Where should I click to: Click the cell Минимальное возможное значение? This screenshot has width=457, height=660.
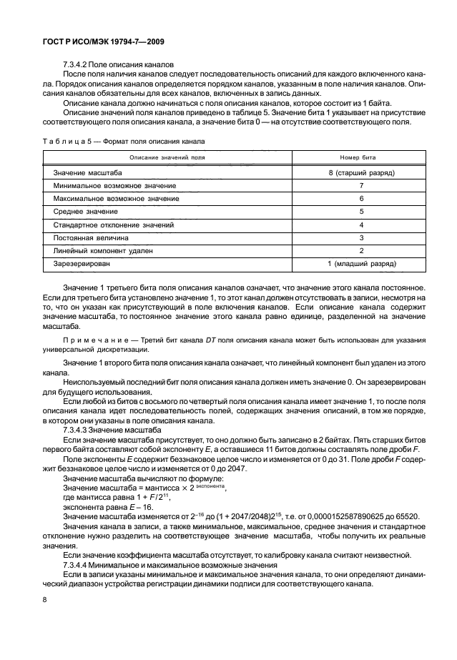(114, 186)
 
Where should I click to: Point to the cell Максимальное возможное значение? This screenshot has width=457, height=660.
(117, 199)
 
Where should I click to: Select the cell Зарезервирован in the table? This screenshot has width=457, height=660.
(83, 264)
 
